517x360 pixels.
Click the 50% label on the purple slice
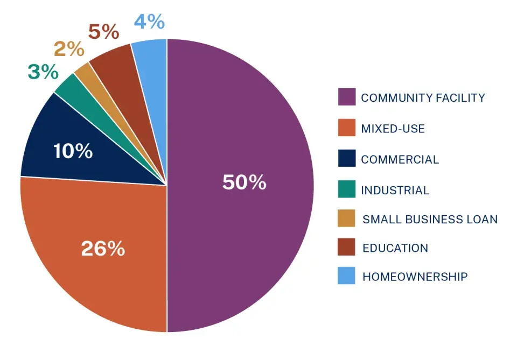point(244,182)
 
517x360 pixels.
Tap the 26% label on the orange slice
point(103,249)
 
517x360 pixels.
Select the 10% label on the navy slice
point(73,151)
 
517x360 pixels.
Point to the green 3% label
point(43,72)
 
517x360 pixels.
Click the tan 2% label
point(69,50)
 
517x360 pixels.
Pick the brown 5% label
point(103,32)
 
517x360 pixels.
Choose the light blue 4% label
point(148,22)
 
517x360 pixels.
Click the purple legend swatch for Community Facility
point(346,97)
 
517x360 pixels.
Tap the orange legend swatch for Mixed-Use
point(346,129)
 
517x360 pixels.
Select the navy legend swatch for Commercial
point(346,159)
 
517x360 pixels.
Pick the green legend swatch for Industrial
point(346,190)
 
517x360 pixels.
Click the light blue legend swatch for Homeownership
point(346,276)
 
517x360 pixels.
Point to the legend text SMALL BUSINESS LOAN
point(430,219)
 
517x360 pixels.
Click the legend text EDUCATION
point(395,248)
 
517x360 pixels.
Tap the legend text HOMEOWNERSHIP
point(415,277)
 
